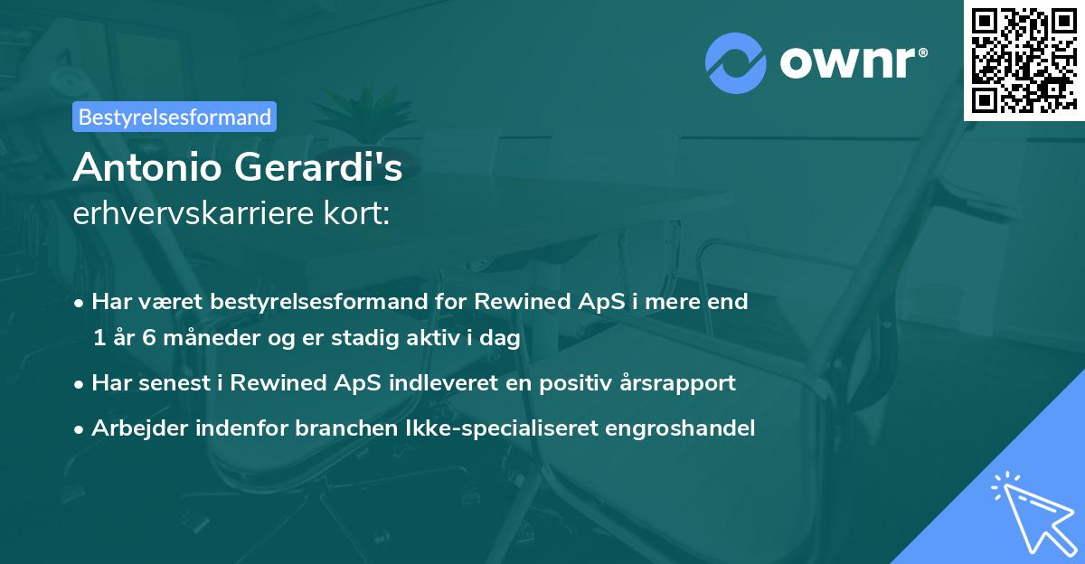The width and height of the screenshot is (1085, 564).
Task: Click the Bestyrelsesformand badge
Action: click(175, 117)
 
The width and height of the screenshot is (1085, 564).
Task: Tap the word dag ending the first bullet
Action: click(502, 339)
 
